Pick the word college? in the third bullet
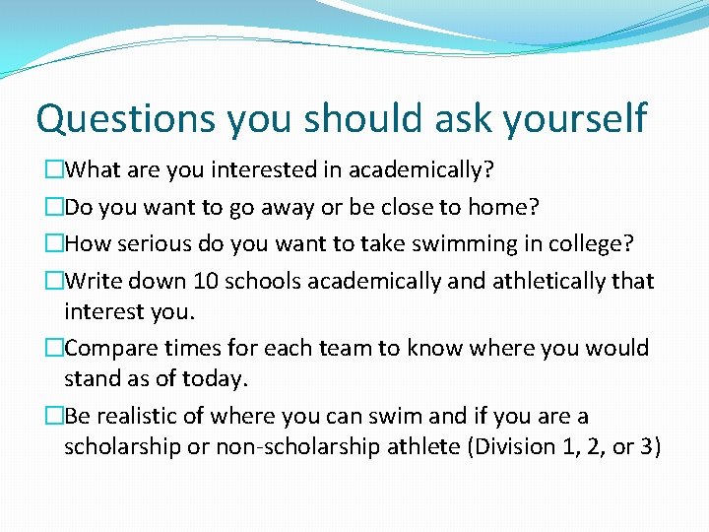point(595,243)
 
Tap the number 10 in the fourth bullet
point(206,281)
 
